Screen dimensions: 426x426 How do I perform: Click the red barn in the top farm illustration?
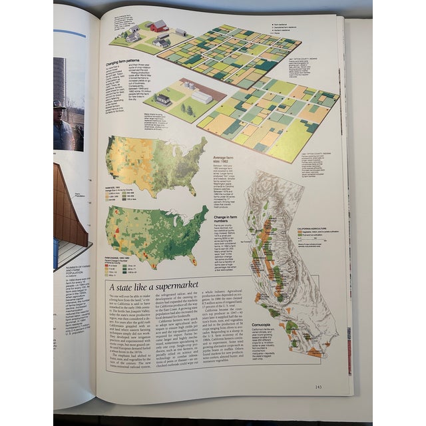[x=158, y=26]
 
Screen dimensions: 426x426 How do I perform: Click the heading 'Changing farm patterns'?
[x=118, y=65]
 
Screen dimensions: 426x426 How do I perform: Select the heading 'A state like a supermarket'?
[x=149, y=287]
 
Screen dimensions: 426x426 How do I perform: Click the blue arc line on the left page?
[x=69, y=33]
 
